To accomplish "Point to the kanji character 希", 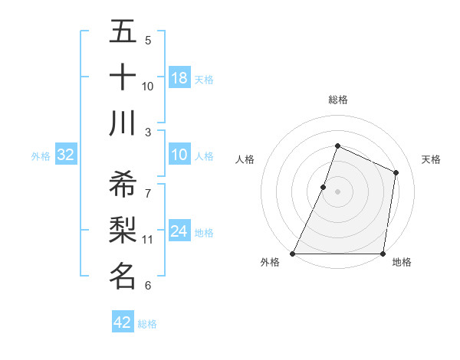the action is click(123, 184).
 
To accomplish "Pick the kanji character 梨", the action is click(123, 230).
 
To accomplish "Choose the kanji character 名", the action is click(123, 275).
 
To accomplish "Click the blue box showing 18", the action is click(179, 77).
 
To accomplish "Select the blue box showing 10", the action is click(179, 155).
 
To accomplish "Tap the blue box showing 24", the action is click(179, 231).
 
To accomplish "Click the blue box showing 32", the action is click(66, 155).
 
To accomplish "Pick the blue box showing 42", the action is click(123, 322).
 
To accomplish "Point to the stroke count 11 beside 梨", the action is click(148, 240).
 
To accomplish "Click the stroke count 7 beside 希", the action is click(148, 192).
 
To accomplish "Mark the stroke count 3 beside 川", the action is click(148, 133).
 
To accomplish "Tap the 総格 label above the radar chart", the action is click(338, 100).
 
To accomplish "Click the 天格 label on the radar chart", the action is click(432, 159).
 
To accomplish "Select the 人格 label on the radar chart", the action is click(245, 159).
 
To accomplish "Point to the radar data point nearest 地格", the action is click(383, 254).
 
